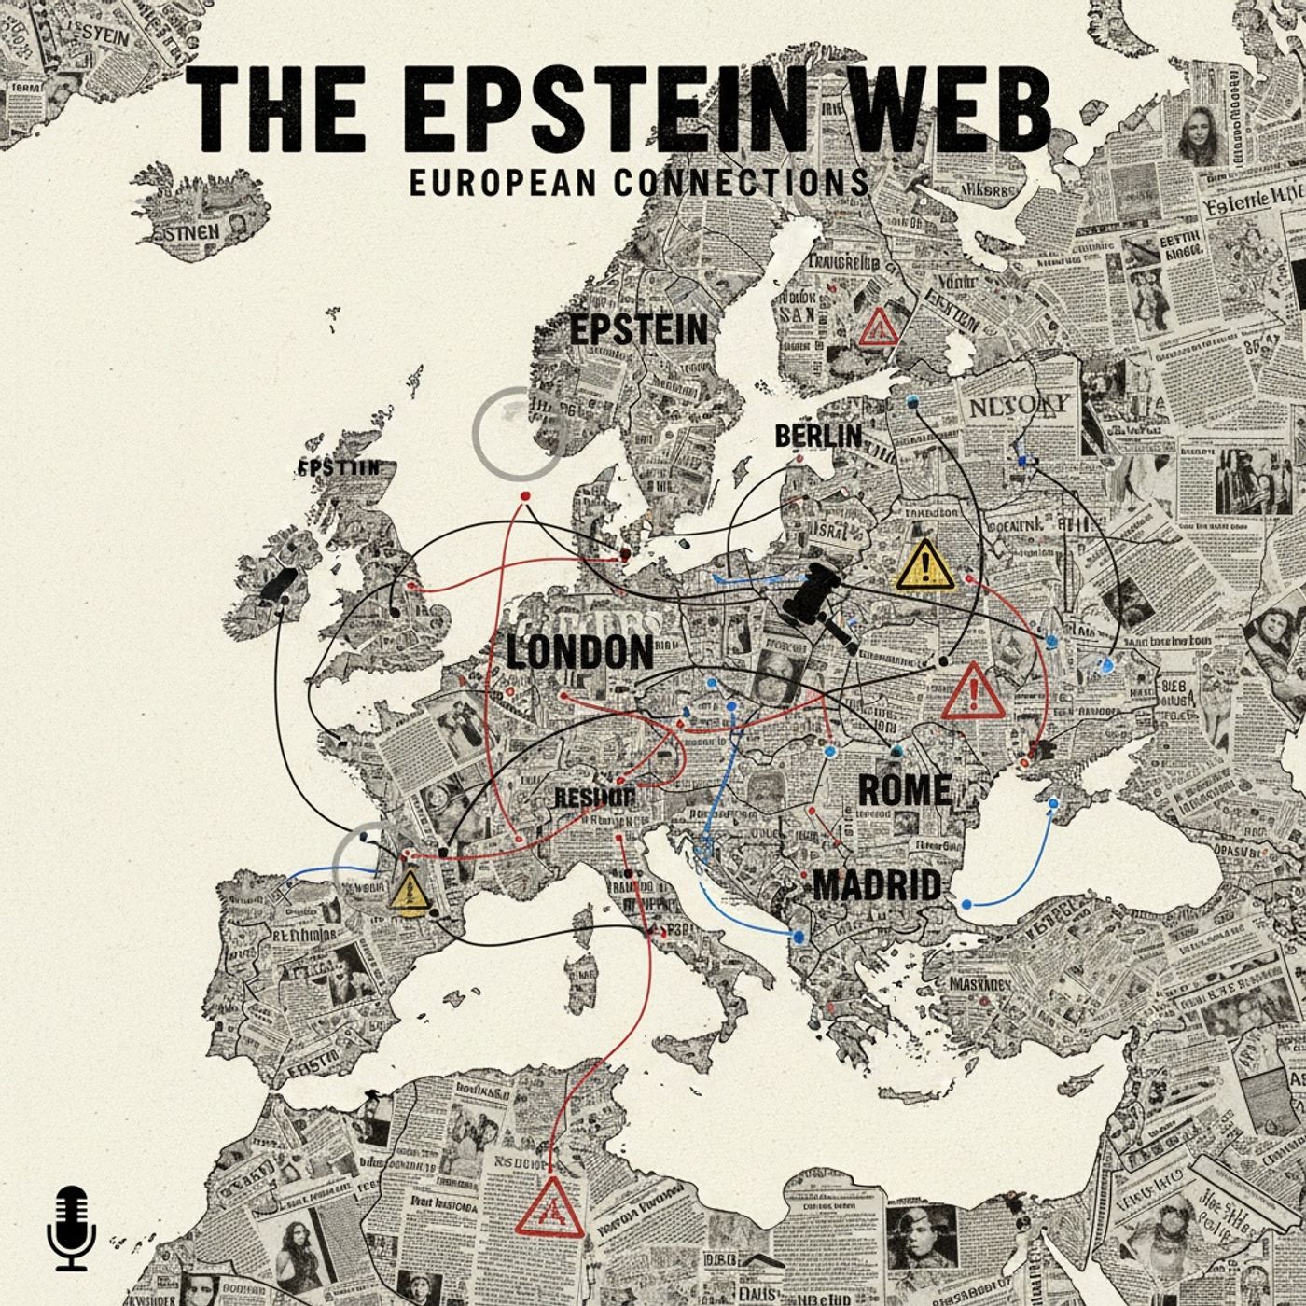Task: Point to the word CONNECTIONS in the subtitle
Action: tap(742, 181)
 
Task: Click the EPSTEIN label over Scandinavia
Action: tap(638, 329)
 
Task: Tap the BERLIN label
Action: tap(817, 436)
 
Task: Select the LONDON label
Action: tap(579, 652)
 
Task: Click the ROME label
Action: tap(904, 790)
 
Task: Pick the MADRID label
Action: tap(876, 884)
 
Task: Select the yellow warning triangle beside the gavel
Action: tap(924, 565)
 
